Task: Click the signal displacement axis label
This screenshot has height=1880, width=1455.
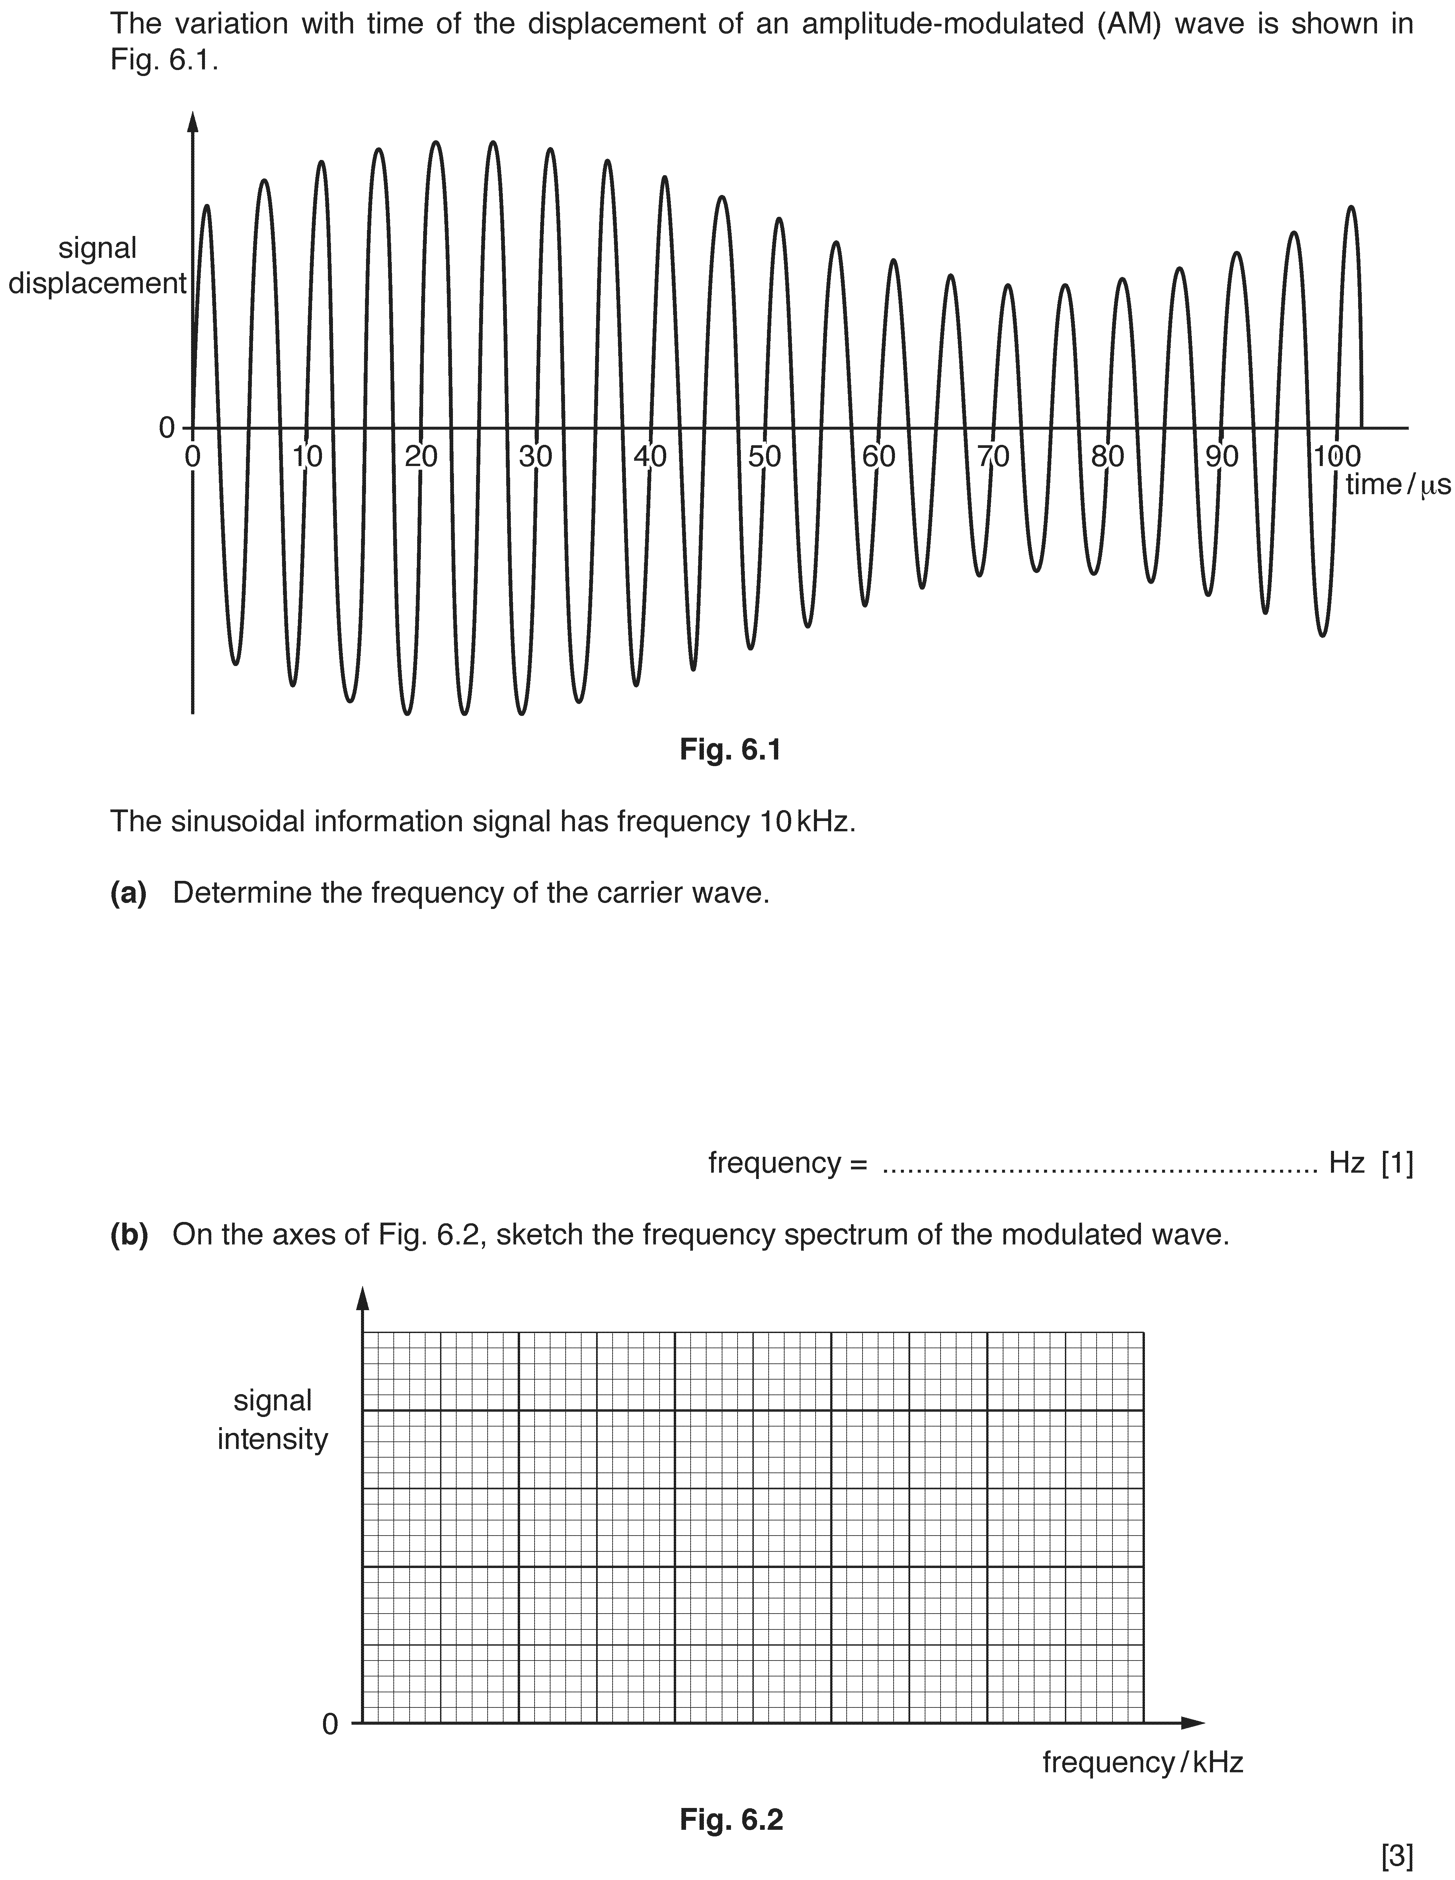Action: point(97,266)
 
